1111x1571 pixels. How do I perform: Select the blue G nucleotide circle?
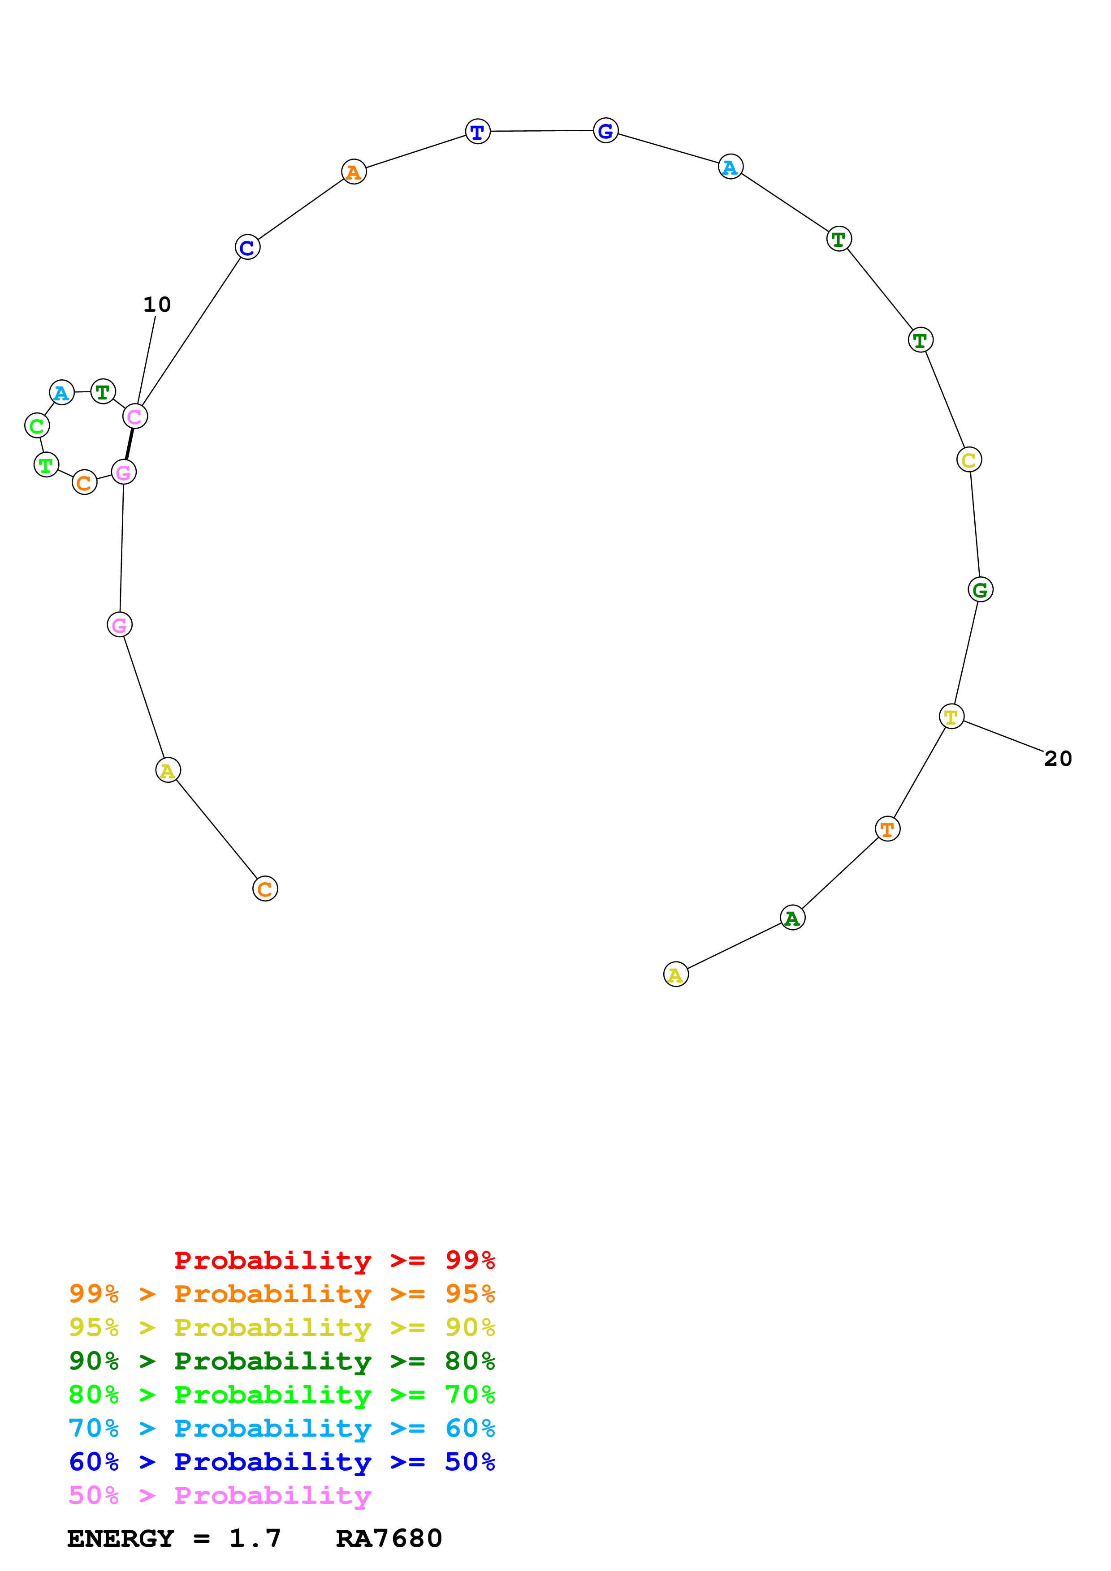[605, 131]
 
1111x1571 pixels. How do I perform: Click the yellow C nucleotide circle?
[968, 460]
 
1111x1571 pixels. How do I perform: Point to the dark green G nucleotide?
[980, 590]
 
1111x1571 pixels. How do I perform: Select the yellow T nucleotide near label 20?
[951, 717]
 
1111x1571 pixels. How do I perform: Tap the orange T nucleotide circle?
[887, 829]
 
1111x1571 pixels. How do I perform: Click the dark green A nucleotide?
[792, 918]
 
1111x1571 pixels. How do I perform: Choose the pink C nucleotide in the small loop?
[135, 416]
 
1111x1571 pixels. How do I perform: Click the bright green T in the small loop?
[46, 466]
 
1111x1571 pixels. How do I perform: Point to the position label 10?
[157, 305]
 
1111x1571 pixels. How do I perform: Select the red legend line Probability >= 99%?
[334, 1260]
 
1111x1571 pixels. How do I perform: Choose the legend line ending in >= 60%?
[281, 1428]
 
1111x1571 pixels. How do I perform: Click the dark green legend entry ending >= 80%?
[281, 1361]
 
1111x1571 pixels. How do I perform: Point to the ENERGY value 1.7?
[255, 1538]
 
